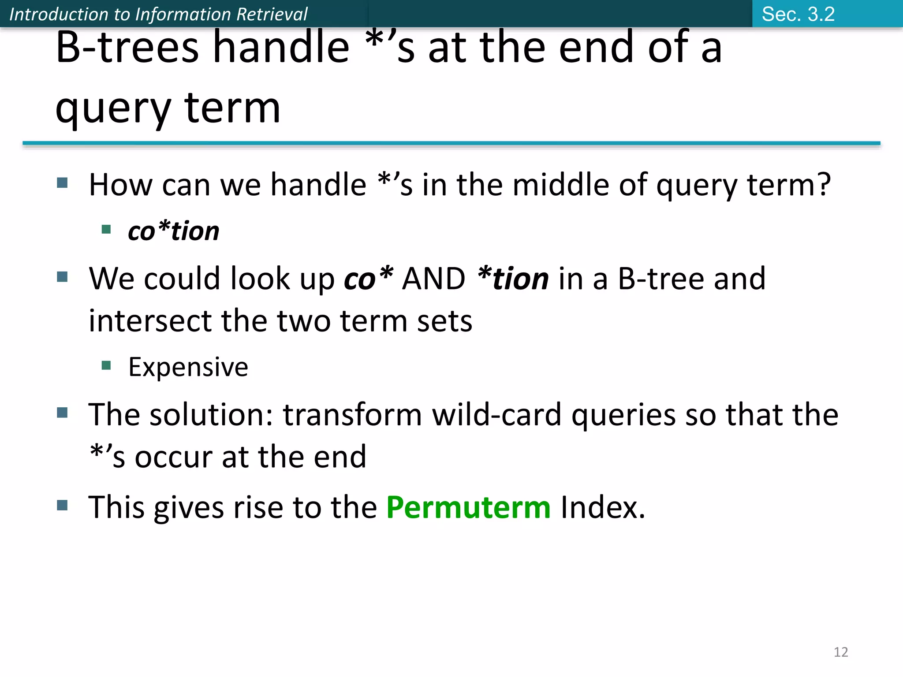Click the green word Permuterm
pyautogui.click(x=468, y=508)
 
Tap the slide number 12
pyautogui.click(x=841, y=652)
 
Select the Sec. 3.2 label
pyautogui.click(x=798, y=14)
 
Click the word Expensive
pyautogui.click(x=188, y=367)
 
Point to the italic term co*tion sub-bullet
pyautogui.click(x=173, y=231)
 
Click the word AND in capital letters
pyautogui.click(x=433, y=279)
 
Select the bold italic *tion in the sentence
pyautogui.click(x=513, y=279)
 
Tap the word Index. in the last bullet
pyautogui.click(x=603, y=508)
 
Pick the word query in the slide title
pyautogui.click(x=113, y=108)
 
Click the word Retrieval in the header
pyautogui.click(x=272, y=14)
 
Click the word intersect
pyautogui.click(x=150, y=321)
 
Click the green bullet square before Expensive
pyautogui.click(x=106, y=365)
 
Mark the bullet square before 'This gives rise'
pyautogui.click(x=62, y=505)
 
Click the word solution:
pyautogui.click(x=212, y=415)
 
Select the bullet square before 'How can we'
pyautogui.click(x=62, y=182)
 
